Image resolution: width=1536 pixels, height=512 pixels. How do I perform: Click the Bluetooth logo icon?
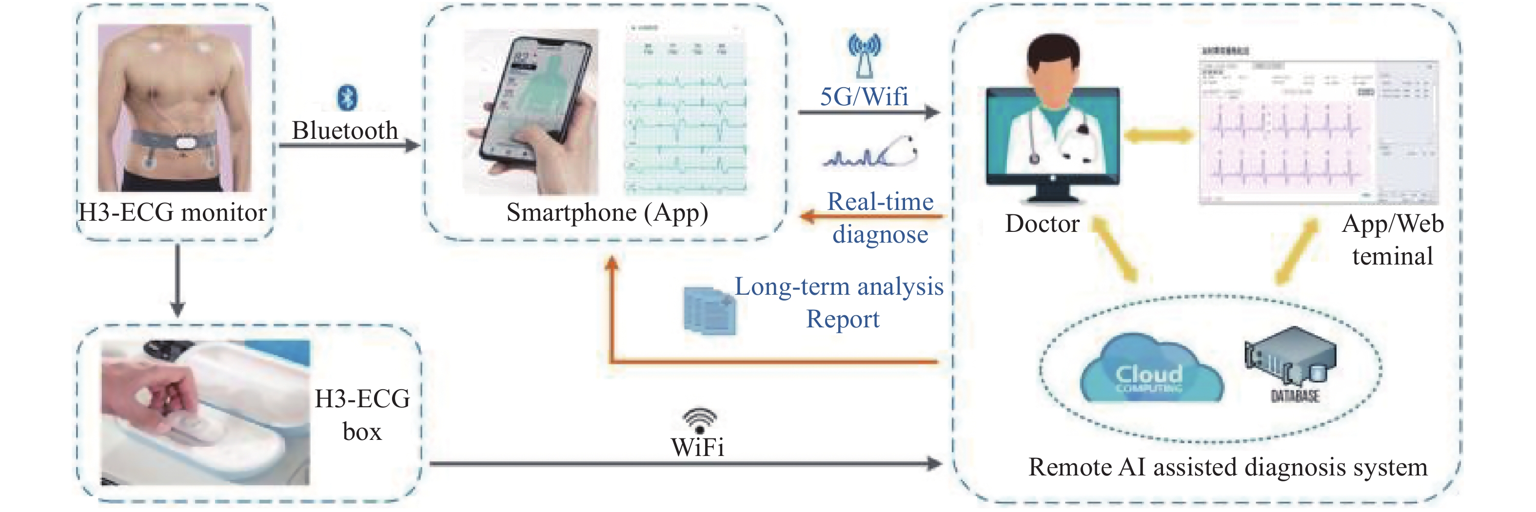348,97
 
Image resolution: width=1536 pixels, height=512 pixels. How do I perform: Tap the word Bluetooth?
345,131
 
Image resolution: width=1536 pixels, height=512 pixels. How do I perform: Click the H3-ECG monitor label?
173,213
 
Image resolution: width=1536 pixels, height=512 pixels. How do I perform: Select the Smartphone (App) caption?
607,213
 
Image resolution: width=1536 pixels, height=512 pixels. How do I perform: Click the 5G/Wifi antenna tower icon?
864,56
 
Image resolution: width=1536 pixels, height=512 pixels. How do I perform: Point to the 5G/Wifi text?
864,97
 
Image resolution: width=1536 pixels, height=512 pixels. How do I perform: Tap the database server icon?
1291,358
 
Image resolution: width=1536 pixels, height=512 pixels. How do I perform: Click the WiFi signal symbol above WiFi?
699,419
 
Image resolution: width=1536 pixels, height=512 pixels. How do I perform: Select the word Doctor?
1043,224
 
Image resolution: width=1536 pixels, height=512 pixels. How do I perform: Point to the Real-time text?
880,202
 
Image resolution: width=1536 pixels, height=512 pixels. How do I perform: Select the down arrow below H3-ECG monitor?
177,280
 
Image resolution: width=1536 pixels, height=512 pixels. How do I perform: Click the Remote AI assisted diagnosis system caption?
1228,467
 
